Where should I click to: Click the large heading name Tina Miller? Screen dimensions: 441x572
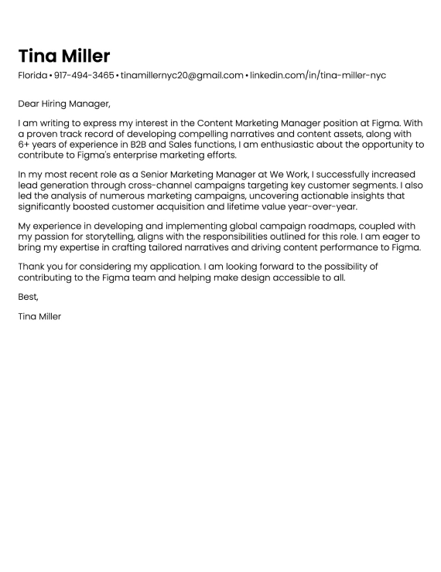pyautogui.click(x=64, y=56)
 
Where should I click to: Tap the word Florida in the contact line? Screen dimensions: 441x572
pyautogui.click(x=32, y=76)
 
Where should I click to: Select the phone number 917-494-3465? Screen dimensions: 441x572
pyautogui.click(x=84, y=76)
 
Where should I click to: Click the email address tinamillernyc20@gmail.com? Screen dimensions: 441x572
pyautogui.click(x=182, y=76)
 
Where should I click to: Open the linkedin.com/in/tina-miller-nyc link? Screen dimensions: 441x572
pyautogui.click(x=317, y=76)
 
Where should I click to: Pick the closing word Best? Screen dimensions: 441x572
pyautogui.click(x=28, y=297)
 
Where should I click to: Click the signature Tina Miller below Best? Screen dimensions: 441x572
pyautogui.click(x=39, y=316)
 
